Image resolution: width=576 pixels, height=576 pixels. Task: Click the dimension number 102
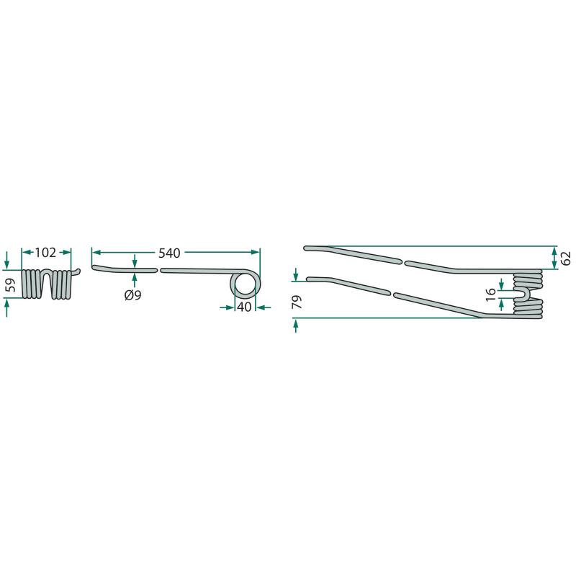tap(45, 253)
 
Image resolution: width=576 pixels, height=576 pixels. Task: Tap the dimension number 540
tap(169, 253)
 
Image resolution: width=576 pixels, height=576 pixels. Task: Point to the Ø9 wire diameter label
tap(132, 295)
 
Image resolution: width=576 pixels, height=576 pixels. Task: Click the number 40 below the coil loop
tap(244, 307)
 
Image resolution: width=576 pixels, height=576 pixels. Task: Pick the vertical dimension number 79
tap(297, 302)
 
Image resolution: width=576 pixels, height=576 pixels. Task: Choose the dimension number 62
tap(566, 258)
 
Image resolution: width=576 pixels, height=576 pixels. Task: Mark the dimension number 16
tap(491, 294)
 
